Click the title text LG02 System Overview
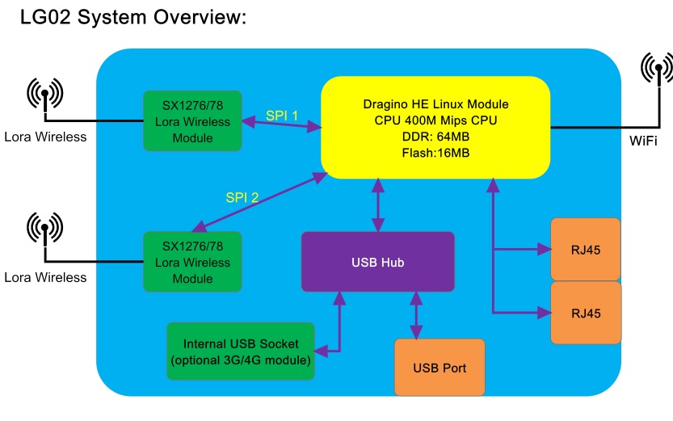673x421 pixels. pyautogui.click(x=133, y=18)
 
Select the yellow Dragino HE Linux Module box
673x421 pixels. pyautogui.click(x=435, y=128)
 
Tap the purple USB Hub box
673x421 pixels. pyautogui.click(x=378, y=262)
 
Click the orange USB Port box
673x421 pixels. pyautogui.click(x=440, y=368)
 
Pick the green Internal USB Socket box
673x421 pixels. pyautogui.click(x=241, y=352)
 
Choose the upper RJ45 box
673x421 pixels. pyautogui.click(x=586, y=250)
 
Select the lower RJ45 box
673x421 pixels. pyautogui.click(x=586, y=313)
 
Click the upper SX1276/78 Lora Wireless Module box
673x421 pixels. pyautogui.click(x=192, y=121)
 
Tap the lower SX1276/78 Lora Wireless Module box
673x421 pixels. pyautogui.click(x=192, y=262)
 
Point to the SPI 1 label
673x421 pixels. pyautogui.click(x=281, y=116)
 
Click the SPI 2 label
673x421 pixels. pyautogui.click(x=242, y=197)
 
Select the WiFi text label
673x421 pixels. pyautogui.click(x=643, y=141)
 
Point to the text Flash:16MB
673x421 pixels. pyautogui.click(x=435, y=153)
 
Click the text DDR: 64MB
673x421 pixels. pyautogui.click(x=435, y=137)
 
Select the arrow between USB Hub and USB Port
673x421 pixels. pyautogui.click(x=416, y=315)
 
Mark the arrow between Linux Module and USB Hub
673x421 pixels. pyautogui.click(x=378, y=205)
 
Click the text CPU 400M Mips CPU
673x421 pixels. pyautogui.click(x=435, y=120)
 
